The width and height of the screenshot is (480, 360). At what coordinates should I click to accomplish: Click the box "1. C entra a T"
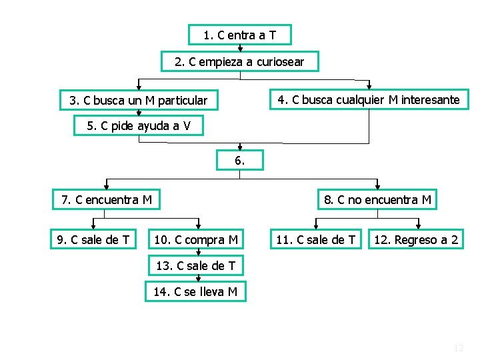point(239,35)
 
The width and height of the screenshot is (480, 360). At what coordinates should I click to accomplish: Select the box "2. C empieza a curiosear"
point(239,62)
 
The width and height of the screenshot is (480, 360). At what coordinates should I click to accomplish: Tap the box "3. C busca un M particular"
point(138,101)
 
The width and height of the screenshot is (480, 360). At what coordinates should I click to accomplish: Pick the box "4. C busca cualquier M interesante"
point(369,100)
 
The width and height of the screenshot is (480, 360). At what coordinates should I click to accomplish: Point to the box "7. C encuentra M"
point(107,199)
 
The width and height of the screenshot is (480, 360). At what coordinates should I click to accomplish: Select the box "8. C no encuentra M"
point(377,199)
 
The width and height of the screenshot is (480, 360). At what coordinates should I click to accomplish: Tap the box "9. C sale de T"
point(93,239)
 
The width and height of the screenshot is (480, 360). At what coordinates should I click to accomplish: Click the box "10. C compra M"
point(196,239)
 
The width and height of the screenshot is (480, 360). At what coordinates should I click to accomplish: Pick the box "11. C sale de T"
point(316,239)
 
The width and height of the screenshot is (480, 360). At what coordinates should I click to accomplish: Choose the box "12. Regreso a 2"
point(417,239)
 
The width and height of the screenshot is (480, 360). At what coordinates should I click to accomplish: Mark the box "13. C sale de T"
point(195,265)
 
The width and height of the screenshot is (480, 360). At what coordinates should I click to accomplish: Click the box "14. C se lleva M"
point(195,291)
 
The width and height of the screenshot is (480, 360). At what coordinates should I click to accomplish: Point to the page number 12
point(458,348)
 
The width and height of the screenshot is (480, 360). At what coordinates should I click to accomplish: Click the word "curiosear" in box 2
point(277,62)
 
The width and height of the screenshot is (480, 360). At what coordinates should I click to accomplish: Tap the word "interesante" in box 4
point(431,100)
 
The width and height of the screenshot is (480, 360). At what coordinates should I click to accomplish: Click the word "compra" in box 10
point(207,239)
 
